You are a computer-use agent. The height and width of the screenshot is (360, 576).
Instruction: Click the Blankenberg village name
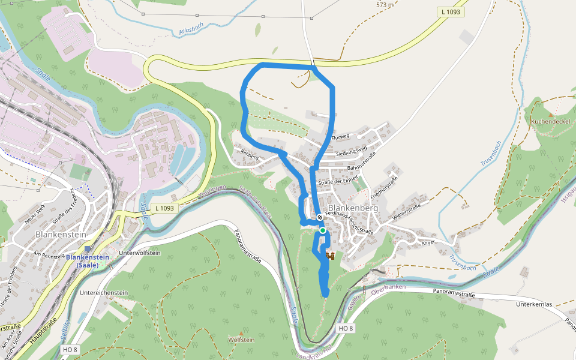353,208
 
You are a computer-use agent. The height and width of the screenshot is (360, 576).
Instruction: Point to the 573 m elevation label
385,5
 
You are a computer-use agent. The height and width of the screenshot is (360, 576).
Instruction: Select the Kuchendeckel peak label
550,121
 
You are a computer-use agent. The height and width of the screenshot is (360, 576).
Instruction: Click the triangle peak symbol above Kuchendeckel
550,114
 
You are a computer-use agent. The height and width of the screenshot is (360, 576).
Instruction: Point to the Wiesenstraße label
405,211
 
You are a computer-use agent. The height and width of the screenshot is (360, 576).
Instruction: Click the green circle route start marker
322,230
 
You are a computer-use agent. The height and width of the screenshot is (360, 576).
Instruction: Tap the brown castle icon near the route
329,256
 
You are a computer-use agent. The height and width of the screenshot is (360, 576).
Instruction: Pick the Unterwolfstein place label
140,253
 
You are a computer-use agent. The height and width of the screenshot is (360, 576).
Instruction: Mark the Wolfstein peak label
241,340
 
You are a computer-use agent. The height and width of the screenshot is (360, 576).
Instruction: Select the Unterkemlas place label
533,304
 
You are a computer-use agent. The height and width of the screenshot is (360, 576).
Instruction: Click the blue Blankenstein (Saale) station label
88,261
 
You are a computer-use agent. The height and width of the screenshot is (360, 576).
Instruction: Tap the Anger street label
428,242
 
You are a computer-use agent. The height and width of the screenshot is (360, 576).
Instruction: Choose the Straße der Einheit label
338,179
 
